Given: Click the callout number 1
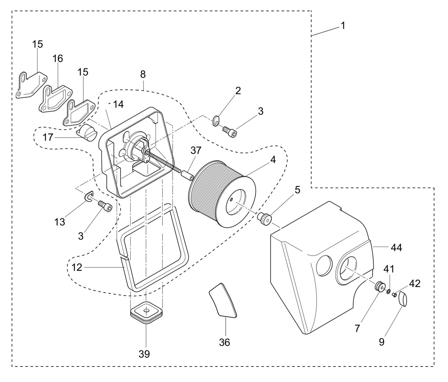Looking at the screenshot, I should point(343,25).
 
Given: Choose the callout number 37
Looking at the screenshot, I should point(196,151).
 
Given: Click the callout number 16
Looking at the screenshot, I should point(57,58).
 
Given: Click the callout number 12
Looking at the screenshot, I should point(77,267).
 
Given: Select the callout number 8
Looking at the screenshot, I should point(143,74).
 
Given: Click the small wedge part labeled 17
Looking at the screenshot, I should point(87,133).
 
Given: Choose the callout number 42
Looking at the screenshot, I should point(415,283).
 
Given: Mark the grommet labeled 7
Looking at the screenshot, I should point(379,286).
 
